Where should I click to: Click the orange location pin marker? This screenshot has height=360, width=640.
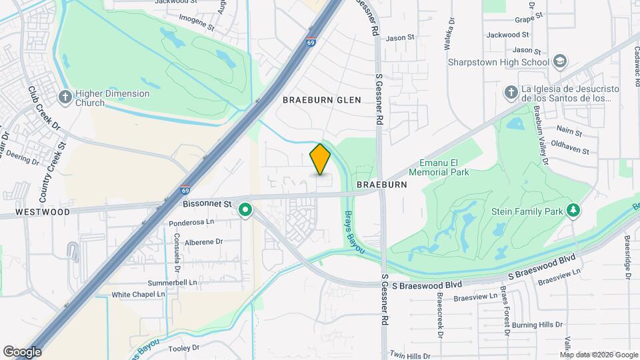tap(321, 159)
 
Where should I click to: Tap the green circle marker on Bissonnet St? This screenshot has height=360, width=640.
tap(245, 211)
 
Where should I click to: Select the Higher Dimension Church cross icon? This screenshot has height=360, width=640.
tap(65, 97)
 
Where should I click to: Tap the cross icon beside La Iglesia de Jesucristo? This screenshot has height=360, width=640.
tap(511, 93)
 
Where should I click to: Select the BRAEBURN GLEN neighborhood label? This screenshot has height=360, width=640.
tap(321, 100)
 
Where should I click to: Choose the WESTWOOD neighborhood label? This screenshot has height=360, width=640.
tap(43, 212)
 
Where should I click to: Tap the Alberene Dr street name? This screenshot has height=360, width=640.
tap(203, 242)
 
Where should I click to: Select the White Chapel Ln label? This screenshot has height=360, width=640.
tap(138, 294)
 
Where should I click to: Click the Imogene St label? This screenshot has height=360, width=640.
tap(192, 28)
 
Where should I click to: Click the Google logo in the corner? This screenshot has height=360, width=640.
tap(22, 352)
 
